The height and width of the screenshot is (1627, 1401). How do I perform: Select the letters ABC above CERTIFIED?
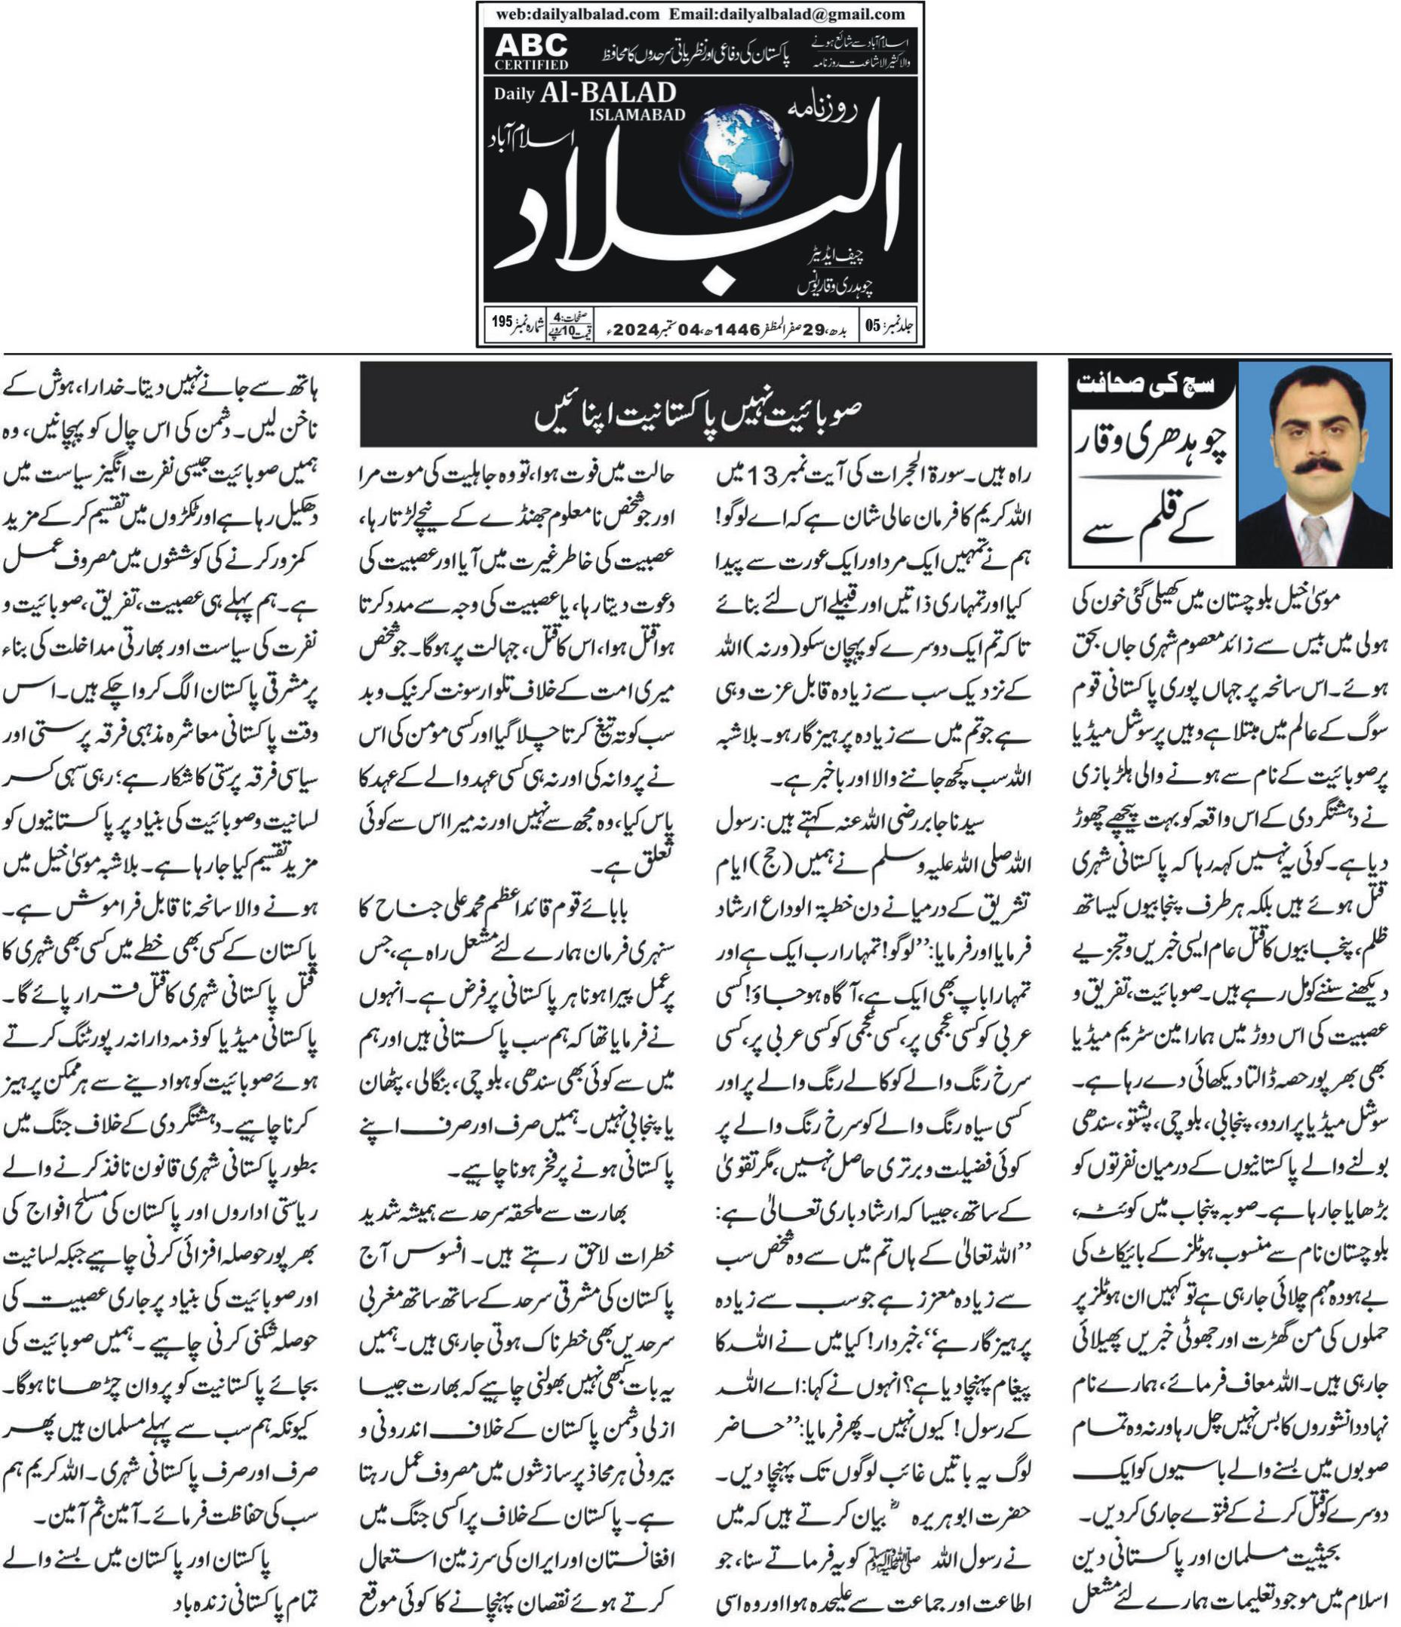531,45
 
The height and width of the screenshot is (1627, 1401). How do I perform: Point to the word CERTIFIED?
532,64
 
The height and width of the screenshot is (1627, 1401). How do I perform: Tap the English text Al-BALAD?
607,94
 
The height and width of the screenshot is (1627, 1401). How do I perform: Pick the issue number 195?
501,322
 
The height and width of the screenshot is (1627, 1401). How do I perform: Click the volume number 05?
874,326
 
